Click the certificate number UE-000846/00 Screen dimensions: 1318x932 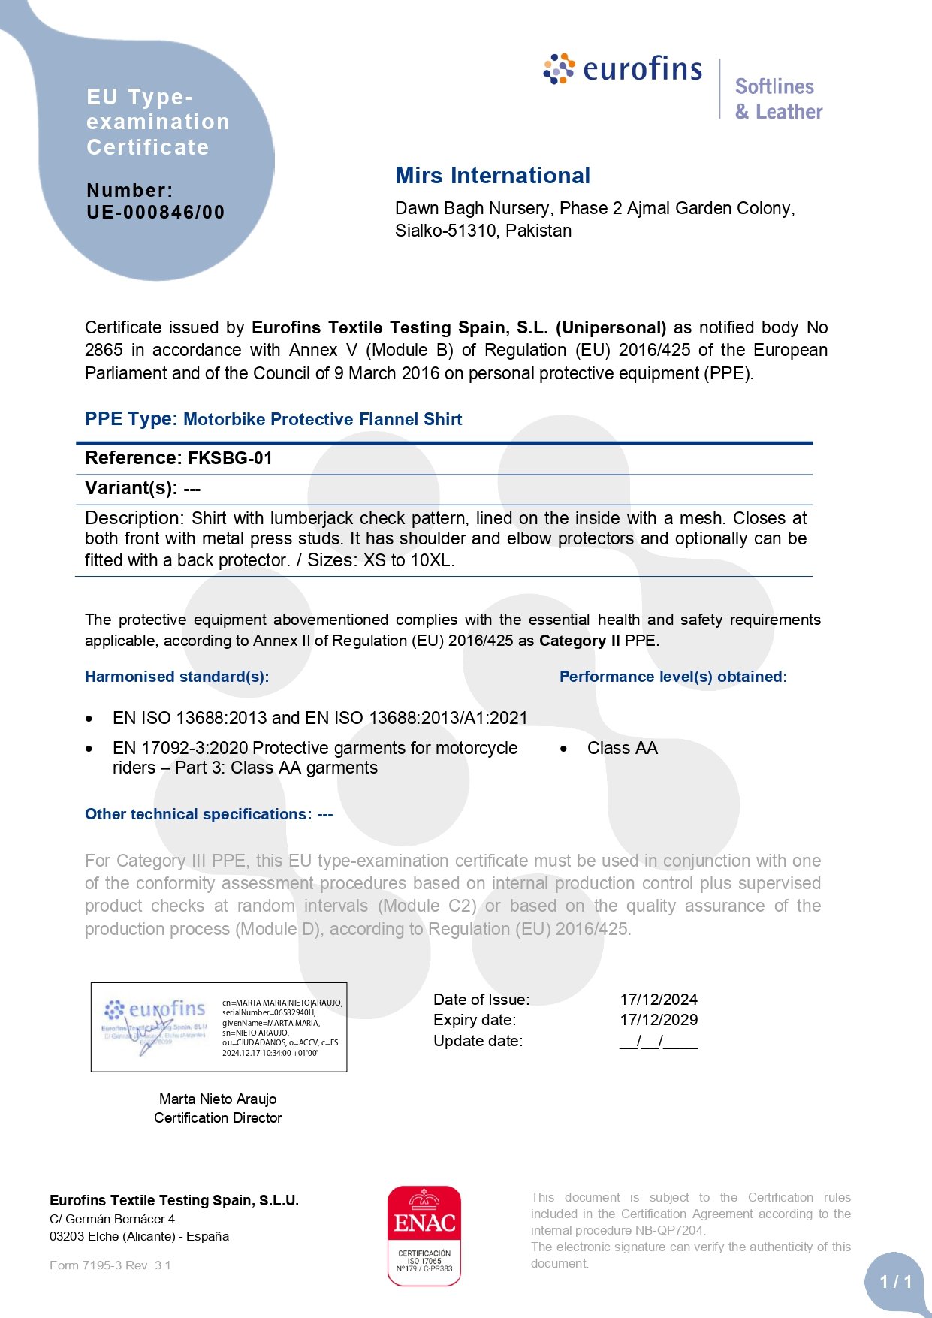click(x=155, y=213)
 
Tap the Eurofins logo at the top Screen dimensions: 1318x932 click(x=623, y=69)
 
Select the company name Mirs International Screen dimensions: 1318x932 click(x=493, y=176)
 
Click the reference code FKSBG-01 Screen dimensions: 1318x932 click(x=230, y=458)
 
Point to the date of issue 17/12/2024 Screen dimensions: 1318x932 click(x=659, y=1000)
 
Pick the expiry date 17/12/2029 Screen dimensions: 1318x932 click(x=659, y=1020)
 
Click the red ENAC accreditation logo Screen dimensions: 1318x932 click(x=424, y=1235)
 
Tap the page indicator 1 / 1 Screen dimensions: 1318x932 click(x=896, y=1282)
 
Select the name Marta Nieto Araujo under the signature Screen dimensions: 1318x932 click(x=218, y=1099)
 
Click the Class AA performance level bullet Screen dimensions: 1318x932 click(x=622, y=748)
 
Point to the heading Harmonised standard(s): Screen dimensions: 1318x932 click(x=176, y=677)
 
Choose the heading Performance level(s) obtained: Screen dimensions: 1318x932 click(x=673, y=677)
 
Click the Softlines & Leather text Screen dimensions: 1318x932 click(x=778, y=99)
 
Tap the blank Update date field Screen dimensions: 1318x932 click(x=659, y=1042)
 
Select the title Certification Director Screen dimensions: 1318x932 click(x=218, y=1118)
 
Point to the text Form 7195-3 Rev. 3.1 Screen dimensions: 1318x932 click(x=110, y=1265)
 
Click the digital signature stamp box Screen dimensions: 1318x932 click(x=219, y=1027)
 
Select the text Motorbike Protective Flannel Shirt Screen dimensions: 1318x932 click(x=322, y=419)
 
